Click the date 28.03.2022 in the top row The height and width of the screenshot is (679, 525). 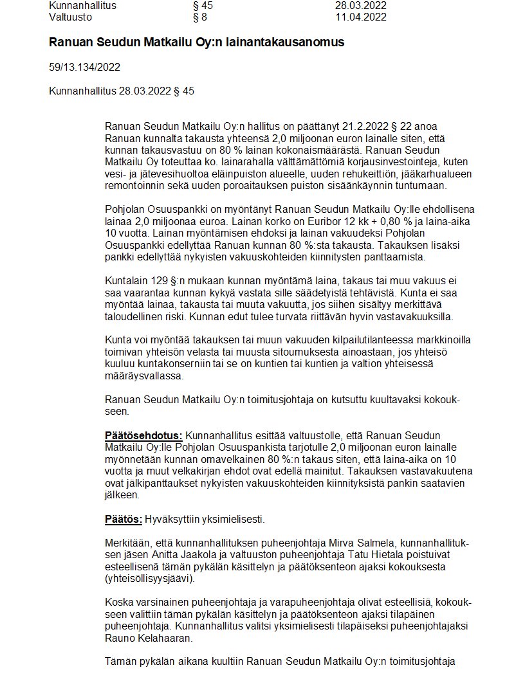pyautogui.click(x=361, y=5)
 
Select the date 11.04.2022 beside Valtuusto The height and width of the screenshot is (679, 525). pyautogui.click(x=361, y=17)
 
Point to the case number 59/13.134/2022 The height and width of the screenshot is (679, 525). pyautogui.click(x=84, y=67)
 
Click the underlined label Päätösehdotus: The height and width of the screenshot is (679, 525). pyautogui.click(x=143, y=436)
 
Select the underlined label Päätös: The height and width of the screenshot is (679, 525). pyautogui.click(x=124, y=520)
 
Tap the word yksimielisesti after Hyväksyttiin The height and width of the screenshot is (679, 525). pyautogui.click(x=232, y=520)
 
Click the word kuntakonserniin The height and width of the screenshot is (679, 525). pyautogui.click(x=171, y=365)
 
